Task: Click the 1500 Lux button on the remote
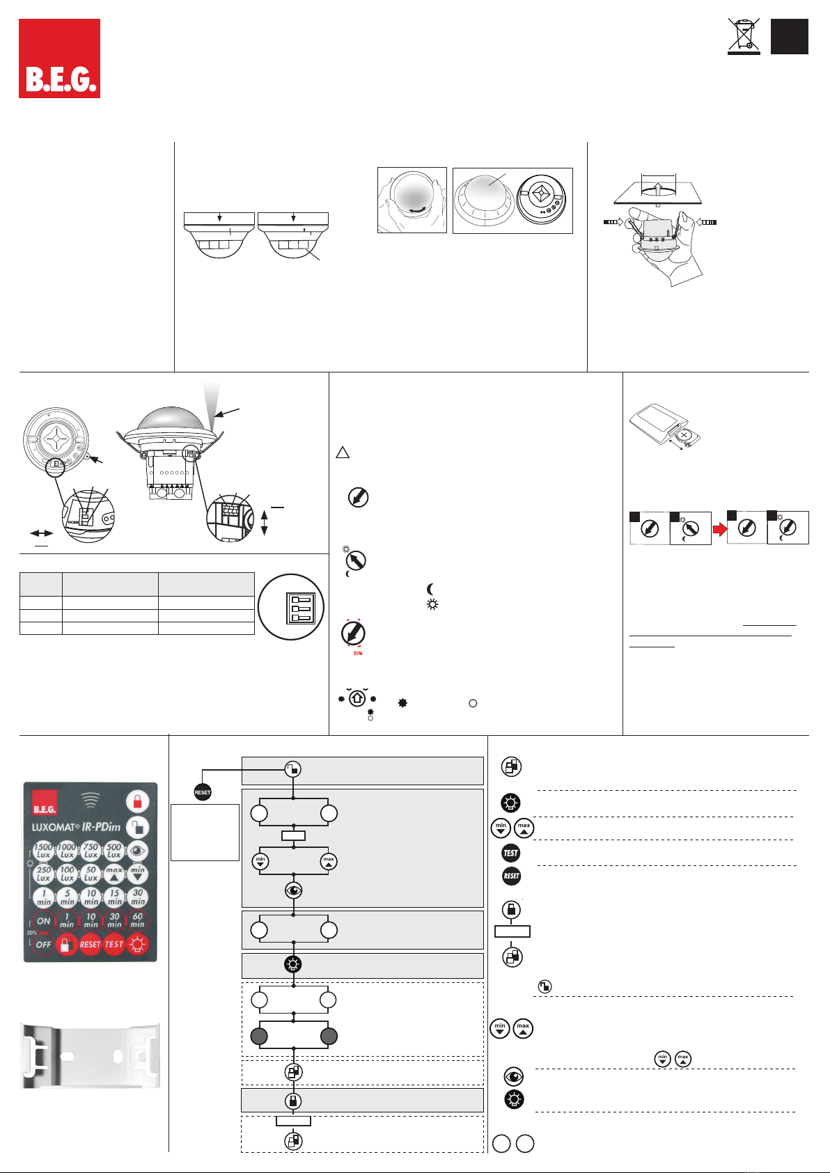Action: point(43,851)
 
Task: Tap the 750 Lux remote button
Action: point(91,851)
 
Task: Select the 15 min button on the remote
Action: point(114,897)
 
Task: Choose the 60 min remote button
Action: point(138,920)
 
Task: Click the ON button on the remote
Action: point(43,920)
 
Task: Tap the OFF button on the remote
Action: point(43,945)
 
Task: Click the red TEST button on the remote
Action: point(114,945)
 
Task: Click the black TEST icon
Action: point(511,853)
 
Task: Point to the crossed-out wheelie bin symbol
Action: point(744,36)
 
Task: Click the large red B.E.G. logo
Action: point(59,58)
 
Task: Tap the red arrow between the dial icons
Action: point(719,528)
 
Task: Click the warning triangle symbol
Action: point(342,452)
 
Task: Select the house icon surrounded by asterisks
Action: point(357,698)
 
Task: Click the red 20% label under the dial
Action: point(357,653)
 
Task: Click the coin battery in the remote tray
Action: point(684,435)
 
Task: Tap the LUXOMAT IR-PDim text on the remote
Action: point(75,827)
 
